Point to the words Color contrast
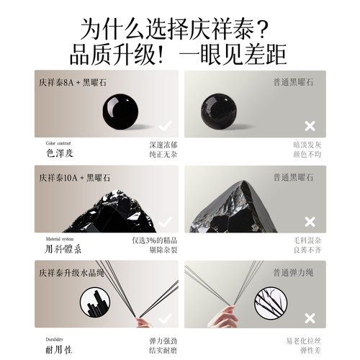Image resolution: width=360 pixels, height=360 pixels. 59,143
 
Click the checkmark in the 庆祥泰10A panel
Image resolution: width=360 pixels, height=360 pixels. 165,220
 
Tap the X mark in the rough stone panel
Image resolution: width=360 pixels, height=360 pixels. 310,220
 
